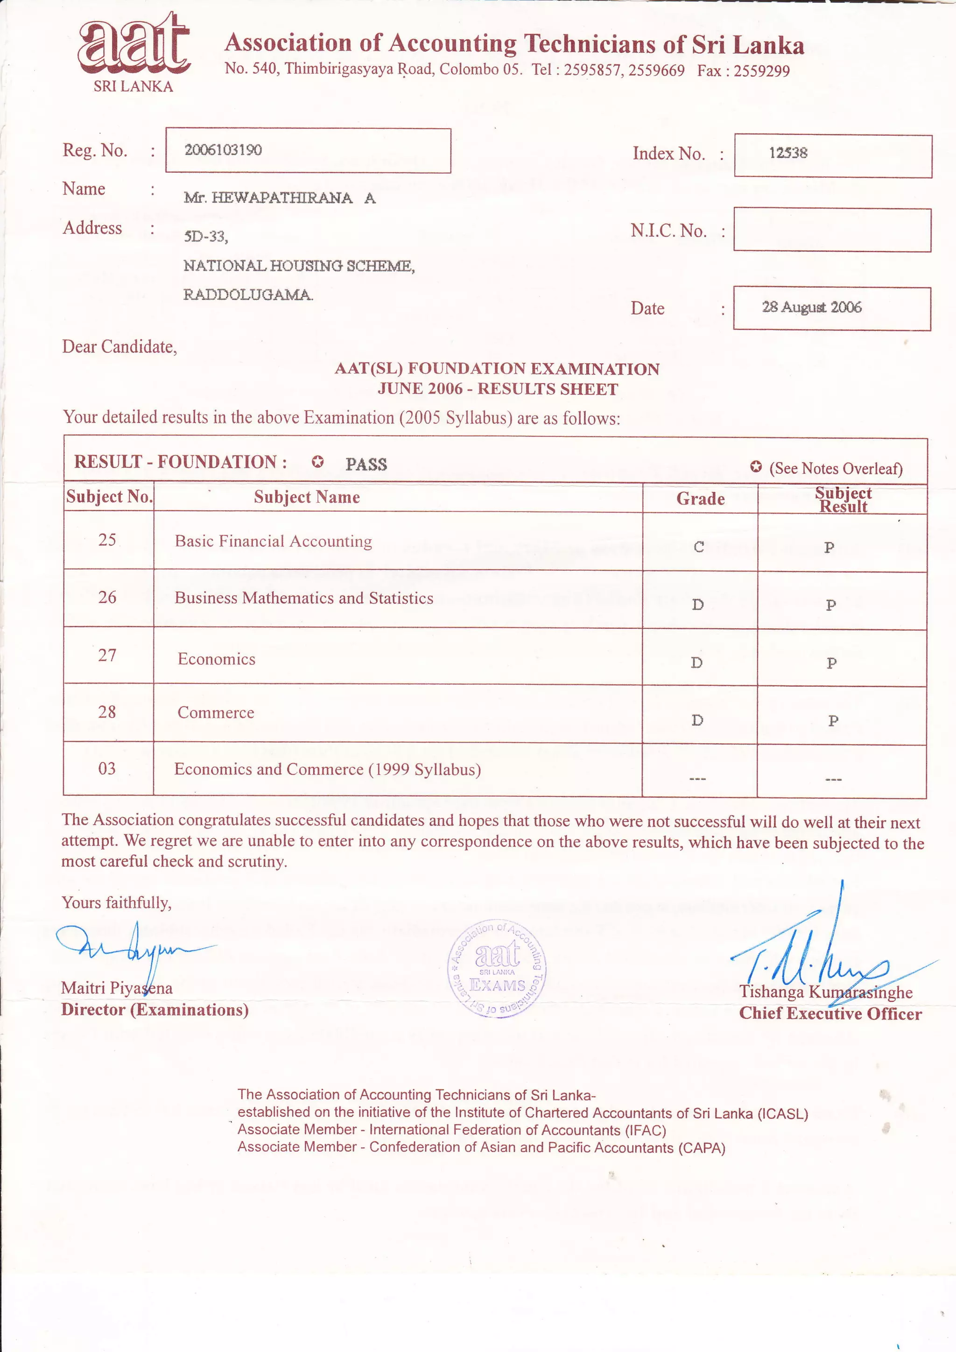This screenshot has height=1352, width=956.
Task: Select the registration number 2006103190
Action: coord(223,150)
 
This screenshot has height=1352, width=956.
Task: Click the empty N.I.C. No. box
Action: coord(832,230)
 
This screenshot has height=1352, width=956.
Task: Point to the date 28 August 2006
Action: coord(811,307)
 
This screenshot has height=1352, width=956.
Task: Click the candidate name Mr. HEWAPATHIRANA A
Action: coord(279,198)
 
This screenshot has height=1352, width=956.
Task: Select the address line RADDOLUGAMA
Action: coord(248,295)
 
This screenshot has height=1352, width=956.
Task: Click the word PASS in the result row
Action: coord(366,465)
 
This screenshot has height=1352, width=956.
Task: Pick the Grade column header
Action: coord(700,499)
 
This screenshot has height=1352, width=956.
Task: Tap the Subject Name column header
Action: coord(307,497)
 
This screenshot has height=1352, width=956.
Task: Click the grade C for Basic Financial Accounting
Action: coord(698,547)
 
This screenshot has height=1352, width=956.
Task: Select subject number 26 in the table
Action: coord(107,598)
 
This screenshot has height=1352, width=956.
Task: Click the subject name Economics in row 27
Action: coord(217,660)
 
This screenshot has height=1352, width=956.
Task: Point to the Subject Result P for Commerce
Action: coord(833,721)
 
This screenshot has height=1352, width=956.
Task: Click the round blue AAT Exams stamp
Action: coord(496,969)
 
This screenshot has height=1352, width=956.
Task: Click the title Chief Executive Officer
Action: coord(830,1014)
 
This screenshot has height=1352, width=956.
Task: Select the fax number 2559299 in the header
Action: coord(761,71)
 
